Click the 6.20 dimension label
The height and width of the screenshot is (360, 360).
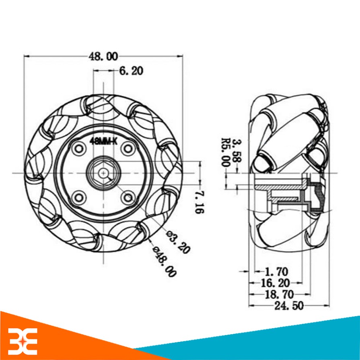(131, 71)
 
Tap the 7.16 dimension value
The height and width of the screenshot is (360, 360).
(199, 202)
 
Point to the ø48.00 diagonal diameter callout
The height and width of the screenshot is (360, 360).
(165, 261)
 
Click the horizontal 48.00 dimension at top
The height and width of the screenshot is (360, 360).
(103, 56)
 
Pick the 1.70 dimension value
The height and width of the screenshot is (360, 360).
(276, 272)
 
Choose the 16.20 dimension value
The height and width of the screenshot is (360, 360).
(276, 283)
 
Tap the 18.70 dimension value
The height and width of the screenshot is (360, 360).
(280, 294)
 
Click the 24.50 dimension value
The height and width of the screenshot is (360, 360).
(289, 306)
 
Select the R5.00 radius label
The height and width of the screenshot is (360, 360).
(225, 152)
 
